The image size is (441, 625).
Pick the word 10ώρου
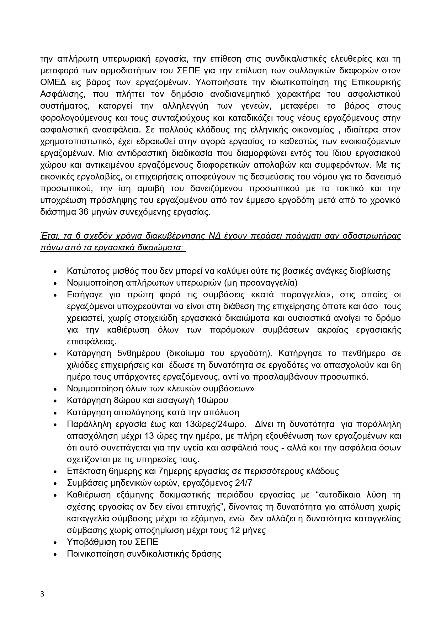tap(212, 400)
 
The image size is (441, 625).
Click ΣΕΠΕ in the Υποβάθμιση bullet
tap(147, 542)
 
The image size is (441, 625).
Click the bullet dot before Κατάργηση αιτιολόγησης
tap(55, 413)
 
